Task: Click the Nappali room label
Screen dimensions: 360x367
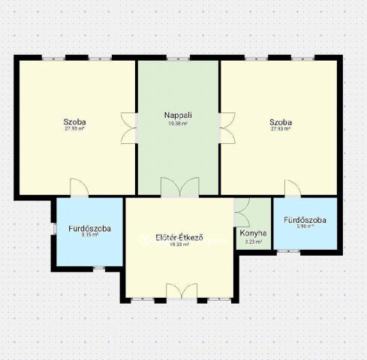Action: click(x=179, y=115)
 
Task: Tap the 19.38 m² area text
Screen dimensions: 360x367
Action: click(x=179, y=123)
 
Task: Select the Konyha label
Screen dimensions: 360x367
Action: click(x=253, y=233)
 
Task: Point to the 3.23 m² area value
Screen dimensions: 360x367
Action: click(x=253, y=241)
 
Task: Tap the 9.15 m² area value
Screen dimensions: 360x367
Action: click(x=90, y=235)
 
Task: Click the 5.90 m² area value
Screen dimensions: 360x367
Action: click(x=305, y=226)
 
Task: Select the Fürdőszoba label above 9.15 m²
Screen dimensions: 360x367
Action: click(x=90, y=228)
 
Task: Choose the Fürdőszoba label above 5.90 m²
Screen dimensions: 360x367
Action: click(x=305, y=220)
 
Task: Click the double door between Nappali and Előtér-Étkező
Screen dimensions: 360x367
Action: click(x=179, y=187)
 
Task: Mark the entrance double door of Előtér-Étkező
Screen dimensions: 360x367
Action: click(x=181, y=291)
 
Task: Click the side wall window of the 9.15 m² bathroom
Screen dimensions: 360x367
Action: click(x=54, y=229)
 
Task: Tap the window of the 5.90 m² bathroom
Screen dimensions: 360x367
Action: click(x=287, y=251)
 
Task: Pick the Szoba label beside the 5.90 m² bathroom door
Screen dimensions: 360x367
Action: click(x=281, y=121)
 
